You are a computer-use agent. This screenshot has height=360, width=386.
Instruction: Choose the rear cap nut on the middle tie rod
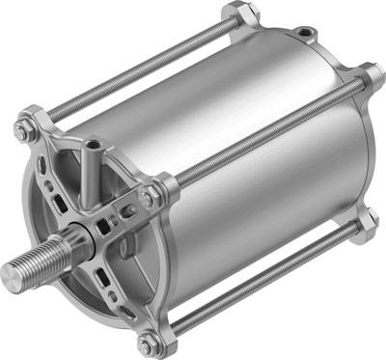click(x=371, y=77)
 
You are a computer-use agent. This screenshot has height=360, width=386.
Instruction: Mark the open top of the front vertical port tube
click(x=94, y=147)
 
